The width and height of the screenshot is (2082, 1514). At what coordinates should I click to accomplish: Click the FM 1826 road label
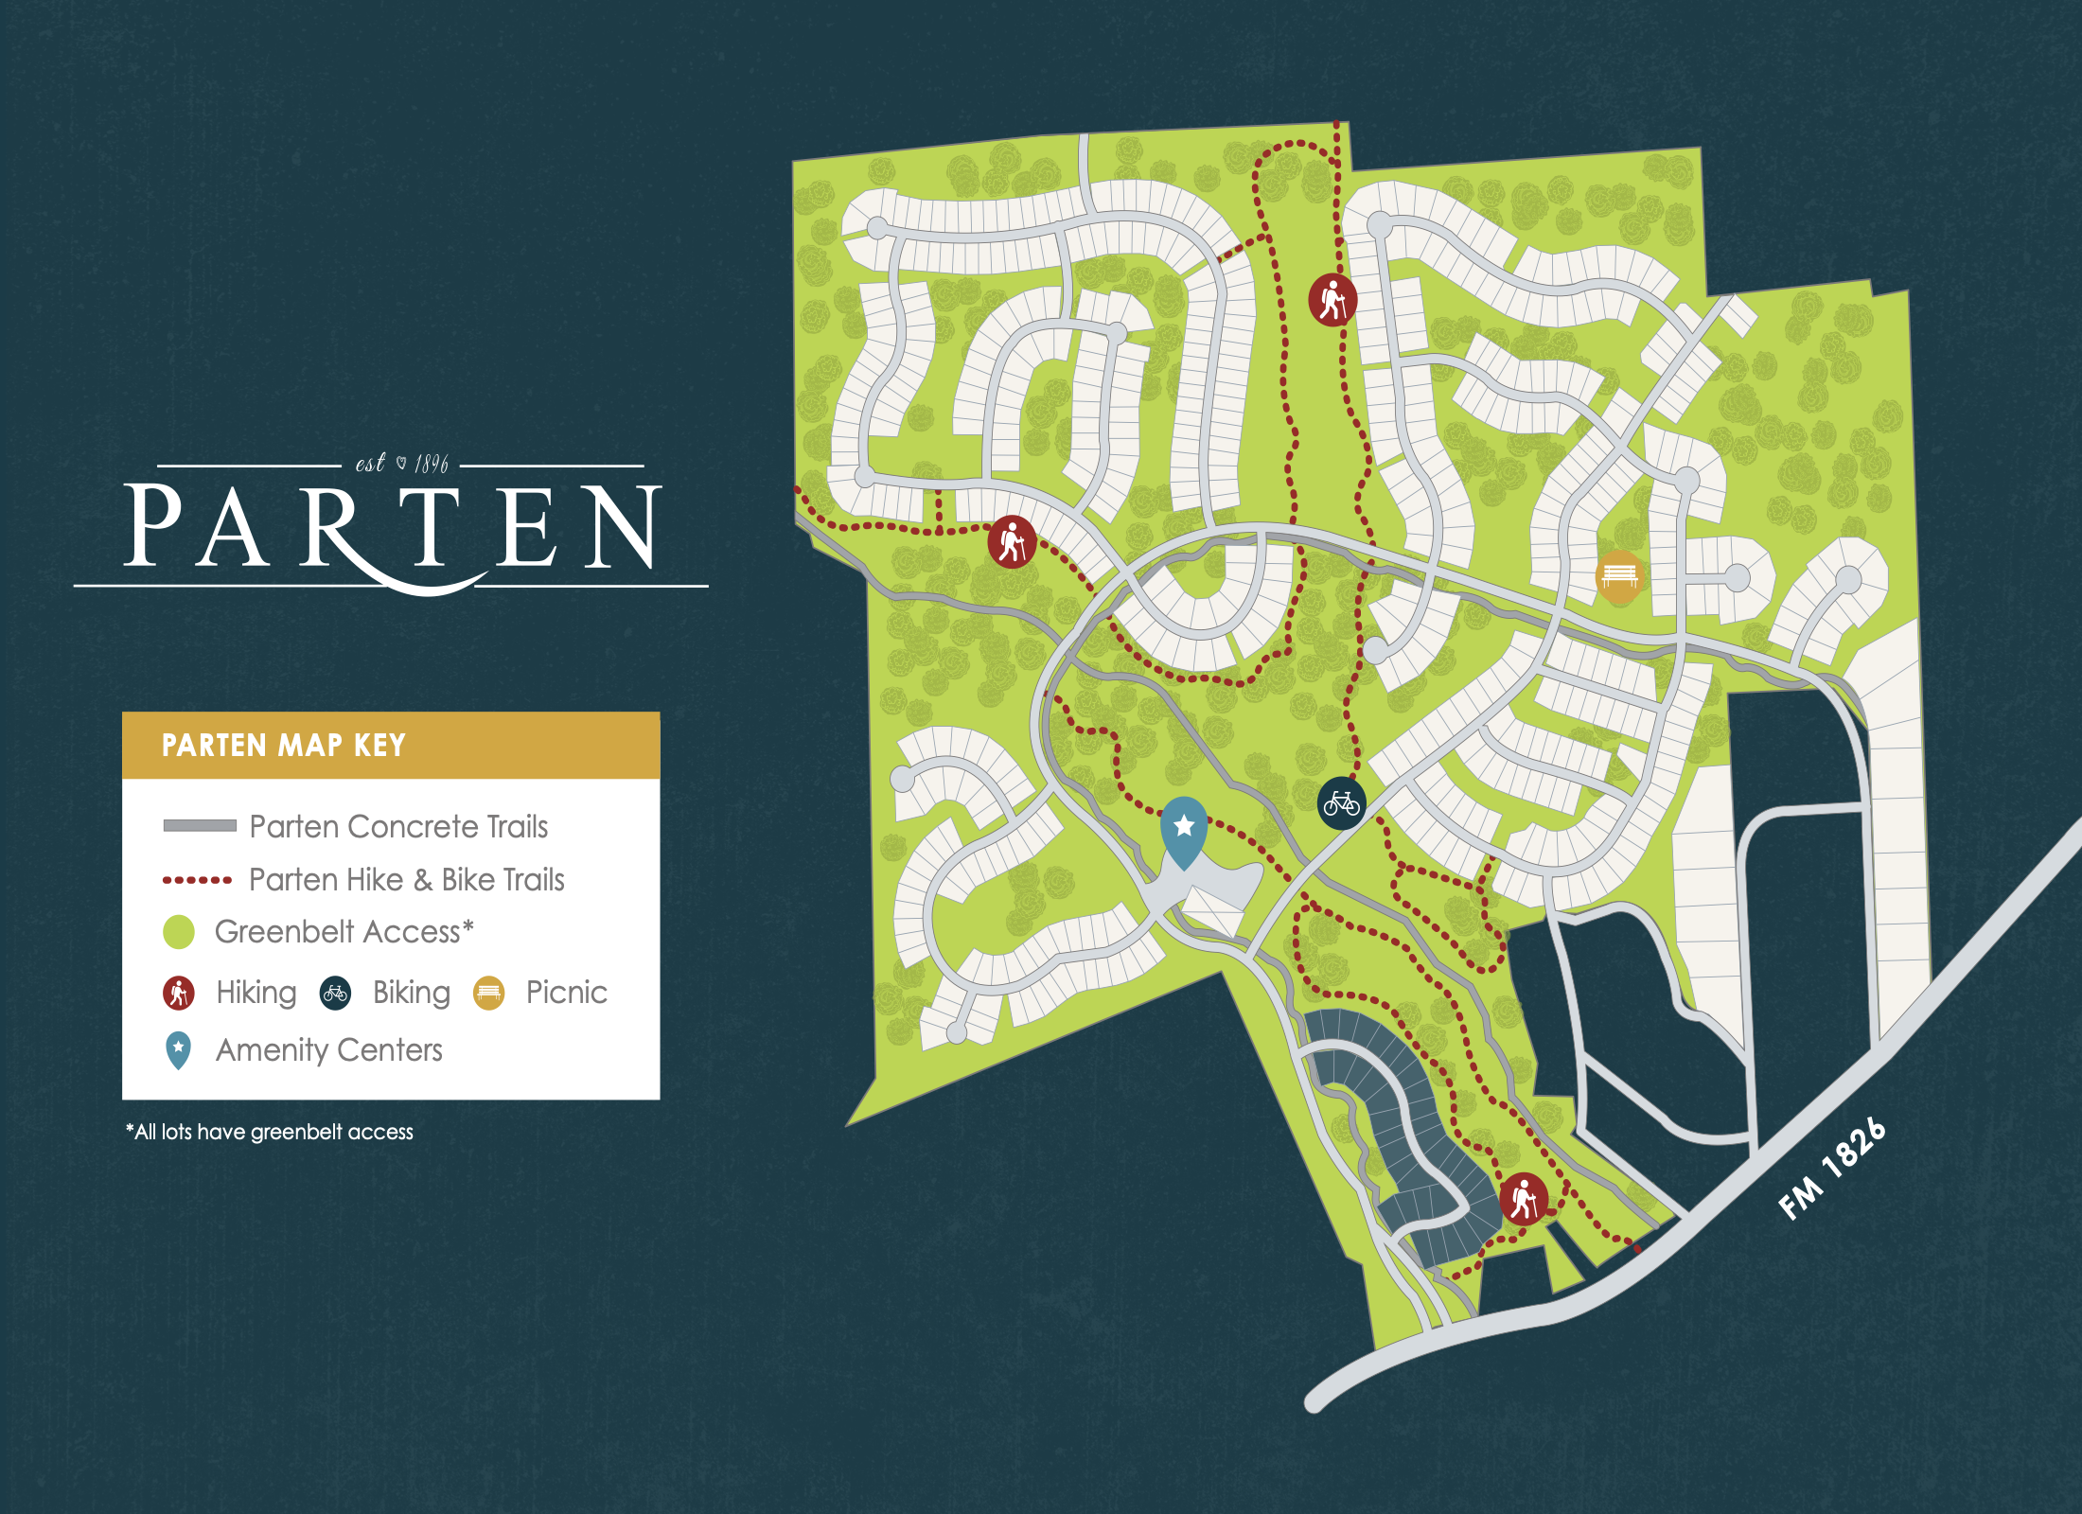[1831, 1170]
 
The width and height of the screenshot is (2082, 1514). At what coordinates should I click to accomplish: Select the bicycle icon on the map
[1341, 803]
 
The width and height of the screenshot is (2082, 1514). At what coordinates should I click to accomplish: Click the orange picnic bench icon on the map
[1619, 575]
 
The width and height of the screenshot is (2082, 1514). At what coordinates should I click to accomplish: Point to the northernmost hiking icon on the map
[1332, 300]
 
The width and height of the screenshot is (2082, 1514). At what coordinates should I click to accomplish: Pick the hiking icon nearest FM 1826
[1524, 1199]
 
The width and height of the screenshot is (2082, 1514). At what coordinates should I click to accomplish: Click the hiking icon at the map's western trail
[1012, 542]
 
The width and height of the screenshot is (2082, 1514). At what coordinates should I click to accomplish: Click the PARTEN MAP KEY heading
[283, 746]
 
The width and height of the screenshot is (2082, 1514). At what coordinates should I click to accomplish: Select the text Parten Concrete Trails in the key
[398, 826]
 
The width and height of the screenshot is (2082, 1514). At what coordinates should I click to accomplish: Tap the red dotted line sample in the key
[197, 880]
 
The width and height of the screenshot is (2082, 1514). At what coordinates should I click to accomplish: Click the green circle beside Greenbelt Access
[179, 932]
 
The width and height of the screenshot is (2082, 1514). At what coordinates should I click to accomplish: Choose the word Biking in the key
[411, 993]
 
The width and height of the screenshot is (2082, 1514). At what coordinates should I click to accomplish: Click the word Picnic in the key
[566, 993]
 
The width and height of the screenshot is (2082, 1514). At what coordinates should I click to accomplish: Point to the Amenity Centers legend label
[328, 1050]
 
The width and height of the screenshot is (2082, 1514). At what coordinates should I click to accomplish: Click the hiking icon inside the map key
[179, 993]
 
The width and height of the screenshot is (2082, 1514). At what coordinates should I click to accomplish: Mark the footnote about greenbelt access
[270, 1132]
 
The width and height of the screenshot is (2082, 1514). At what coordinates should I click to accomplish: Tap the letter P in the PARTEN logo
[152, 526]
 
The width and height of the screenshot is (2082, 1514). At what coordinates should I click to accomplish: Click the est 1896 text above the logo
[401, 463]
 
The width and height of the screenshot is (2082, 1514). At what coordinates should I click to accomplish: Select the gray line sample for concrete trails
[200, 825]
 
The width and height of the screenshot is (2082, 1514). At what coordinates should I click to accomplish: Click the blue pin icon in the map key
[178, 1049]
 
